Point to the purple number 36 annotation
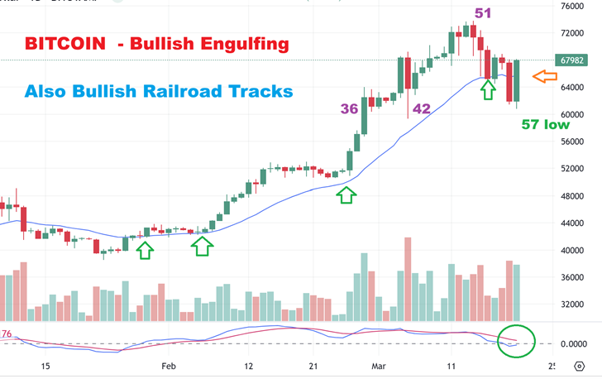(349, 108)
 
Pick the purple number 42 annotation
(421, 108)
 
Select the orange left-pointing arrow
(543, 77)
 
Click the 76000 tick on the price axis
(572, 7)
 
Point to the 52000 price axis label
(572, 169)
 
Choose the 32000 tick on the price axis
(572, 304)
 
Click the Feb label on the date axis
(168, 365)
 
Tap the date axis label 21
(313, 365)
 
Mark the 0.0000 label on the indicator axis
(572, 343)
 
